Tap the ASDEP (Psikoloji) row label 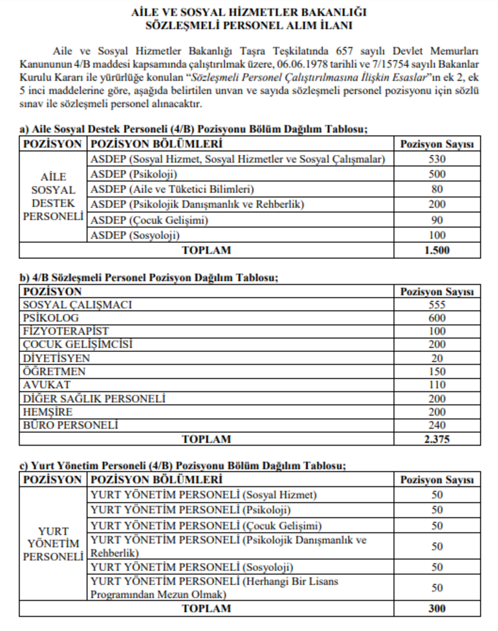coord(135,174)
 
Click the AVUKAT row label coord(47,385)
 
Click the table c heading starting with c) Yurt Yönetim coord(183,466)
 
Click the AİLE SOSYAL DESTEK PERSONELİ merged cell coord(53,196)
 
